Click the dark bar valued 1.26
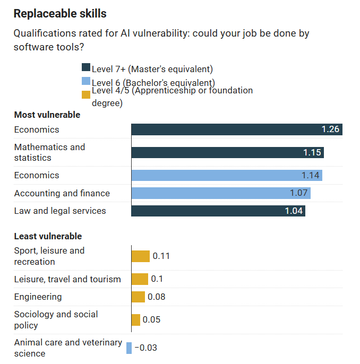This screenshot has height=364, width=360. (x=236, y=129)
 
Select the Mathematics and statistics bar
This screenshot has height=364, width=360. (x=227, y=152)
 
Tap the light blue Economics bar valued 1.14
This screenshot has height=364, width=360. (x=226, y=175)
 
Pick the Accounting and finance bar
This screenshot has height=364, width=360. (x=220, y=193)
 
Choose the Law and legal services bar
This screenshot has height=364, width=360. (x=218, y=211)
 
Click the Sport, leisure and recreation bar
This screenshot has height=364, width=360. (x=141, y=256)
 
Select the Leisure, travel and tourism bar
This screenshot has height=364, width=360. (x=140, y=279)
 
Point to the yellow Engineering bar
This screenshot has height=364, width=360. (x=138, y=297)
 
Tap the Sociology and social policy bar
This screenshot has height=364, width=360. (x=136, y=319)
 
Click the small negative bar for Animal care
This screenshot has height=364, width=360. (x=129, y=348)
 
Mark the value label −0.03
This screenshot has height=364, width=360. (x=145, y=348)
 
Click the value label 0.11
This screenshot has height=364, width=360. (x=161, y=256)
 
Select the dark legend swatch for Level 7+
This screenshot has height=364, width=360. (x=85, y=67)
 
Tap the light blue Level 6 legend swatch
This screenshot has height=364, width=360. (x=85, y=81)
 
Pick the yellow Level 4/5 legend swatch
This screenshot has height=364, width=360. (x=85, y=95)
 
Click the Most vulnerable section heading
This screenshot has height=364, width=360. (x=47, y=115)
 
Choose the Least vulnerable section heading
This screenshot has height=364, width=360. (x=48, y=236)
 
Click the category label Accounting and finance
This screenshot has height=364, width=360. (x=62, y=193)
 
